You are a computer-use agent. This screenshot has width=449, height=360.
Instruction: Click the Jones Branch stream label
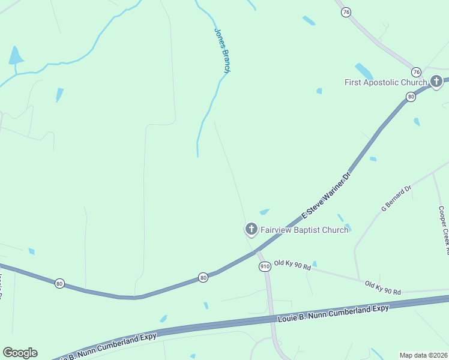pos(222,52)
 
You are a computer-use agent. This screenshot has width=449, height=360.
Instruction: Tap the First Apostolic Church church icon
pos(436,81)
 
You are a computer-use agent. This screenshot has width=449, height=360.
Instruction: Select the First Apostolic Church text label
pos(385,82)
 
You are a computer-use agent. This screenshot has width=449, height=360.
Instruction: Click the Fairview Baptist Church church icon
pos(250,229)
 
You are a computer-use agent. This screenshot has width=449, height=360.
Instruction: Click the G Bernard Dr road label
pos(396,199)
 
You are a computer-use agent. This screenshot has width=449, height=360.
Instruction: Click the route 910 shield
pos(264,266)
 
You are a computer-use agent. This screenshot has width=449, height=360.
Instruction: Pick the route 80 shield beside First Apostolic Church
pos(411,96)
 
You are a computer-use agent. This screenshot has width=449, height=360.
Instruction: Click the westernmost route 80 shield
pos(59,283)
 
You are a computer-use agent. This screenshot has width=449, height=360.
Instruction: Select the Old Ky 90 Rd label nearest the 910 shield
pos(292,264)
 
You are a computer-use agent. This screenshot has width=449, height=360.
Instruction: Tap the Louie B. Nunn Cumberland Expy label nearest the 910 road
pos(333,313)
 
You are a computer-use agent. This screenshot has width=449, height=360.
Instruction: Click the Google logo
pos(20,353)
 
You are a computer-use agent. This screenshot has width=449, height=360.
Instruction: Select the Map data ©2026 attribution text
pos(423,355)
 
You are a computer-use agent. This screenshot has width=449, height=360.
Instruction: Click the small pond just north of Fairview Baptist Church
pos(264,212)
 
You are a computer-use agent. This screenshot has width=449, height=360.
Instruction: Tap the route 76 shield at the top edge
pos(345,12)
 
